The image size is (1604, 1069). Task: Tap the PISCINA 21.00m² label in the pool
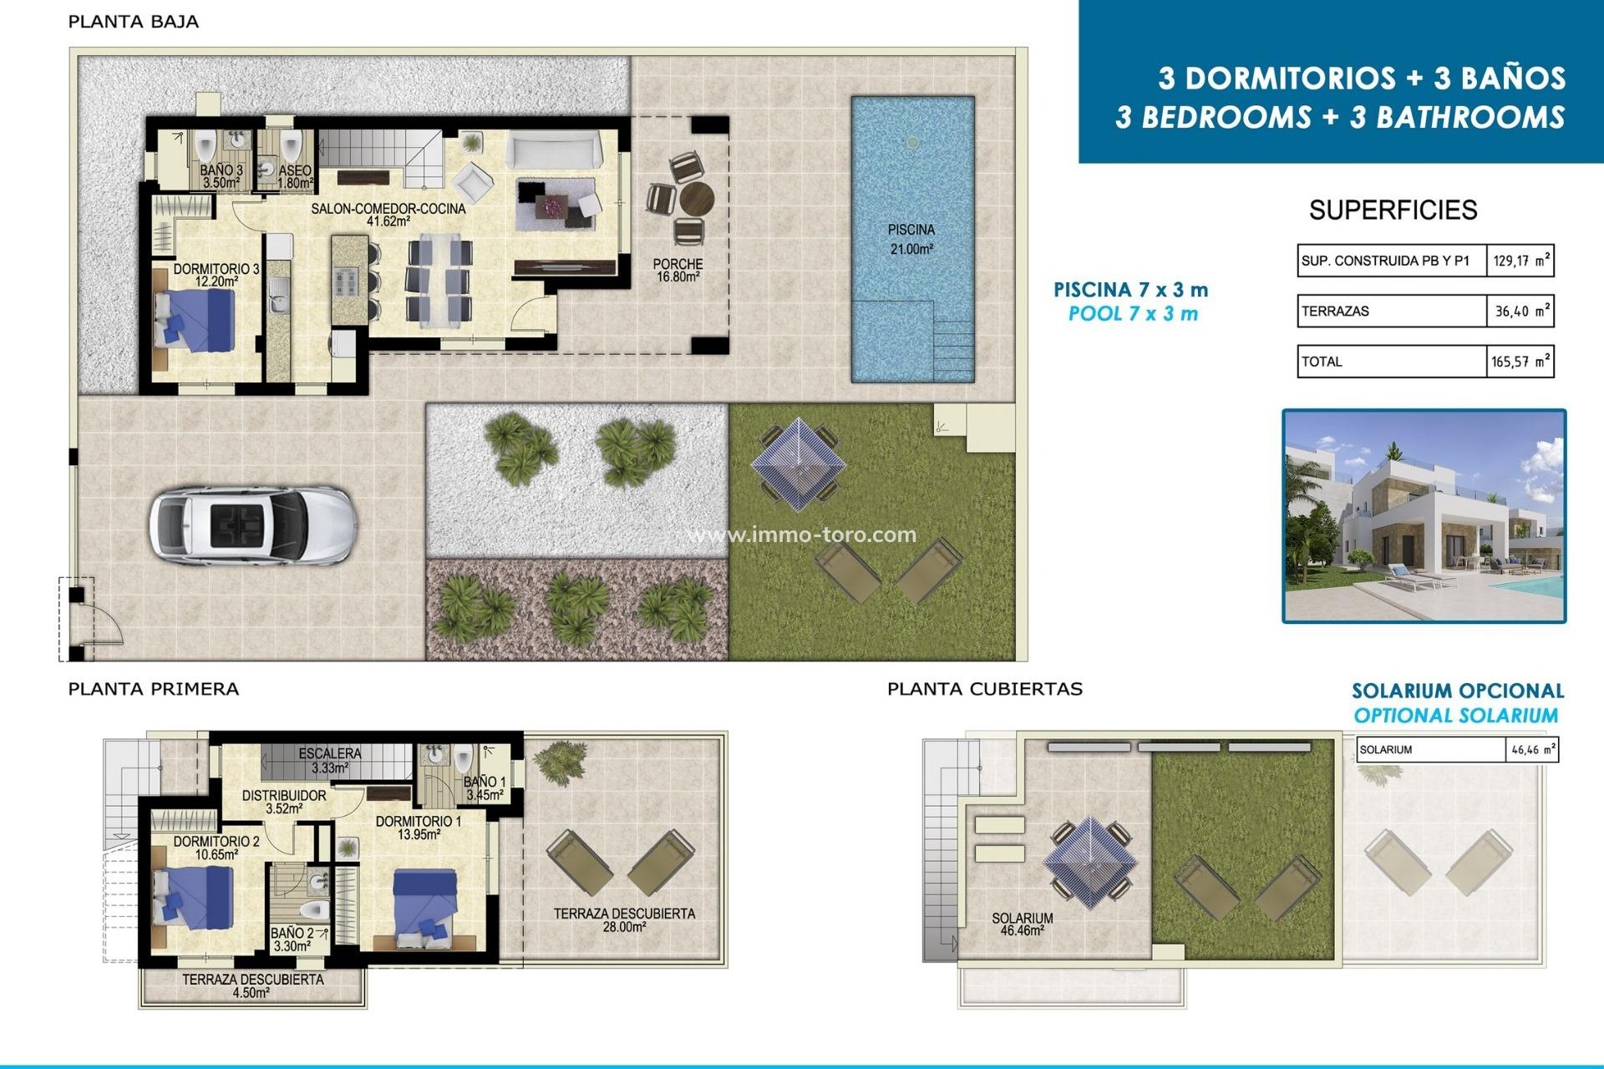(911, 239)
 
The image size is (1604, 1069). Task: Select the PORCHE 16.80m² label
(678, 270)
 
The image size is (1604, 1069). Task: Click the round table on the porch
(696, 200)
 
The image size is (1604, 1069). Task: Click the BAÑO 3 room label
(221, 176)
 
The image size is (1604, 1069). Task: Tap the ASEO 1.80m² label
(296, 176)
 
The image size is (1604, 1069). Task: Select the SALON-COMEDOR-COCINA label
(388, 214)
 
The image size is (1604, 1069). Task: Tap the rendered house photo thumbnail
(1424, 515)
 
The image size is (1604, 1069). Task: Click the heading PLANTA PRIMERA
(153, 689)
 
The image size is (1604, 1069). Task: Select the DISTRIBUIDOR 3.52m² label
(284, 802)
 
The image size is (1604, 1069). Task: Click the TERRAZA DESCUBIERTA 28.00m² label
(624, 920)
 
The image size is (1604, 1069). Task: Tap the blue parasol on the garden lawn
(798, 464)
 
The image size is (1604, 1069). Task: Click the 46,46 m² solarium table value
(1533, 750)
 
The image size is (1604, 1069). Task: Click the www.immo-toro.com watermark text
(802, 534)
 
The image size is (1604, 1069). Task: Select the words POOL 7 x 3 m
(1133, 314)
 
